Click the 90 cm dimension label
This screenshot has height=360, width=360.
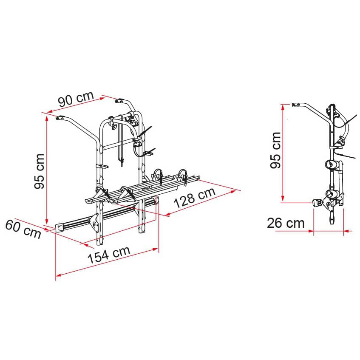pos(76,99)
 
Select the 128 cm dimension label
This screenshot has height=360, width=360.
pos(195,197)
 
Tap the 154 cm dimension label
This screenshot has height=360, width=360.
pos(109,255)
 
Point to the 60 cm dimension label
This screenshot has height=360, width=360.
pos(23,229)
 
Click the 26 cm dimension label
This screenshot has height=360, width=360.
pos(286,223)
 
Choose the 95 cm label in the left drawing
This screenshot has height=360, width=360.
pos(39,171)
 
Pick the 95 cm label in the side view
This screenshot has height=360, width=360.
pos(275,150)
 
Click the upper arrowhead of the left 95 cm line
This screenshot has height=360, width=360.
pos(47,118)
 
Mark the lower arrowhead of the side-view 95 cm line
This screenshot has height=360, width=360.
pos(283,199)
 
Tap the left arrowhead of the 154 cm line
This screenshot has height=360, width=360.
pos(58,275)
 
